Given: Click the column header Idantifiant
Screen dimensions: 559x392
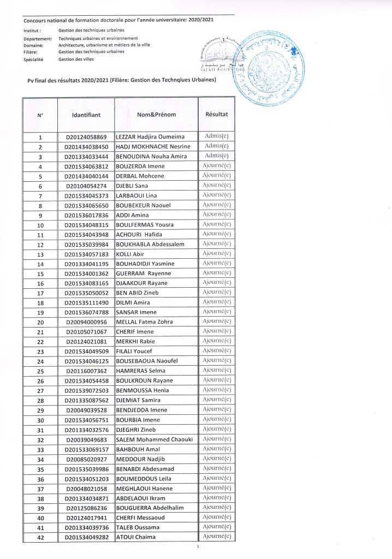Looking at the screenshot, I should click(x=86, y=116).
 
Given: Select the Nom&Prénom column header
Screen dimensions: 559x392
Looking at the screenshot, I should click(x=156, y=115).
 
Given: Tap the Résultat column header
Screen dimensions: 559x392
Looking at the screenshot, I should click(x=216, y=115).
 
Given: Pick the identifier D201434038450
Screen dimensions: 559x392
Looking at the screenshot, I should click(x=86, y=146).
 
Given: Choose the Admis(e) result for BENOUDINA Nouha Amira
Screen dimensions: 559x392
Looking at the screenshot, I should click(x=216, y=156).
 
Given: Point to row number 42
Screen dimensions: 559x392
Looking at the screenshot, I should click(x=40, y=537).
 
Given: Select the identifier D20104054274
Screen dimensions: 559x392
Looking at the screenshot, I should click(x=86, y=186).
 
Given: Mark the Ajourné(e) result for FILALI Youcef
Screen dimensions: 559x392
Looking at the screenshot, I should click(x=216, y=350).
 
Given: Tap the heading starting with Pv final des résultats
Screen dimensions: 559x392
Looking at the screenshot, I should click(x=122, y=80).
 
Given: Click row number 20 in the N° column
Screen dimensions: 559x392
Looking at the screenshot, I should click(x=40, y=322).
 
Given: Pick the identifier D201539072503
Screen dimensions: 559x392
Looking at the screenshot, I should click(x=86, y=390).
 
